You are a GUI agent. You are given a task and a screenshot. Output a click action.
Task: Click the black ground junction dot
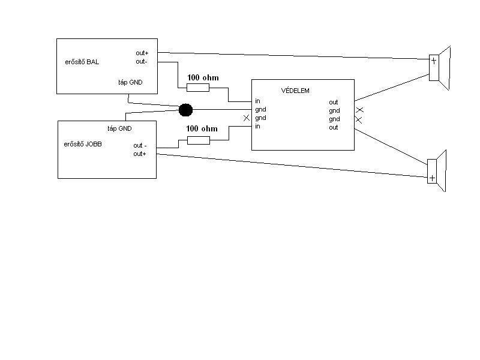(x=186, y=110)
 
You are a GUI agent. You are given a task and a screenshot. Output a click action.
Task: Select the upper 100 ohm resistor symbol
(x=198, y=88)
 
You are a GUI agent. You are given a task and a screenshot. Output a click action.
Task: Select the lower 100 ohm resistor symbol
(x=199, y=140)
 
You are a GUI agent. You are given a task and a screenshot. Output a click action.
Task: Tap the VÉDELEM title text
(x=295, y=91)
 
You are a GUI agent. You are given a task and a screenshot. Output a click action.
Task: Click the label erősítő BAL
(x=82, y=62)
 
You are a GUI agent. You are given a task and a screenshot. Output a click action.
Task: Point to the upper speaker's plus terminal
(x=434, y=60)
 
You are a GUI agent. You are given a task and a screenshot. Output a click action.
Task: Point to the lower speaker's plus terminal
(x=431, y=178)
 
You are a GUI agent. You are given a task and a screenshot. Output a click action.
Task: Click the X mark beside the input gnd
(x=247, y=118)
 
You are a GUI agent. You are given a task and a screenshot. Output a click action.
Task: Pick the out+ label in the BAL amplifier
(x=142, y=53)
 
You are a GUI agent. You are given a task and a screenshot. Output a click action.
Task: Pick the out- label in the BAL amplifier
(x=142, y=61)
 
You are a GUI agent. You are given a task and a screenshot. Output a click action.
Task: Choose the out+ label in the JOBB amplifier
(x=140, y=154)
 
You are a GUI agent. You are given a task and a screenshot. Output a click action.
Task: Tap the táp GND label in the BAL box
(x=130, y=82)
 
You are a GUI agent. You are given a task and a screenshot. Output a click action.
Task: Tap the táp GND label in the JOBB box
(x=119, y=128)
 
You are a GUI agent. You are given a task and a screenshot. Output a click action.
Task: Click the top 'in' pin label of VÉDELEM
(x=257, y=101)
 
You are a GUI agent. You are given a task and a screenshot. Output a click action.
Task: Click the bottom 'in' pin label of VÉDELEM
(x=257, y=127)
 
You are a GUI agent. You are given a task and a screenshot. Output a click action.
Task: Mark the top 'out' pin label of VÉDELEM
(x=334, y=102)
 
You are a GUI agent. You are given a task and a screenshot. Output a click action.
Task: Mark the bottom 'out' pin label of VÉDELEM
(x=334, y=127)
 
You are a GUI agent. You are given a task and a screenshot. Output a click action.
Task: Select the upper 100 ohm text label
(x=203, y=77)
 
